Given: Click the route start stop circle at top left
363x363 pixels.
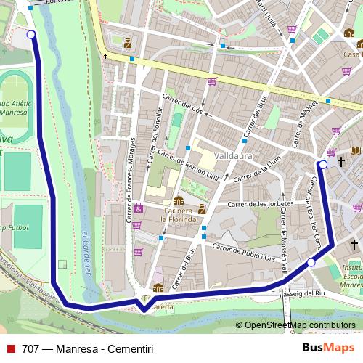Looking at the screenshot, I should pyautogui.click(x=30, y=34).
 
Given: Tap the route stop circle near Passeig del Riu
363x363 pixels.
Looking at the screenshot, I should pyautogui.click(x=311, y=262).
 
